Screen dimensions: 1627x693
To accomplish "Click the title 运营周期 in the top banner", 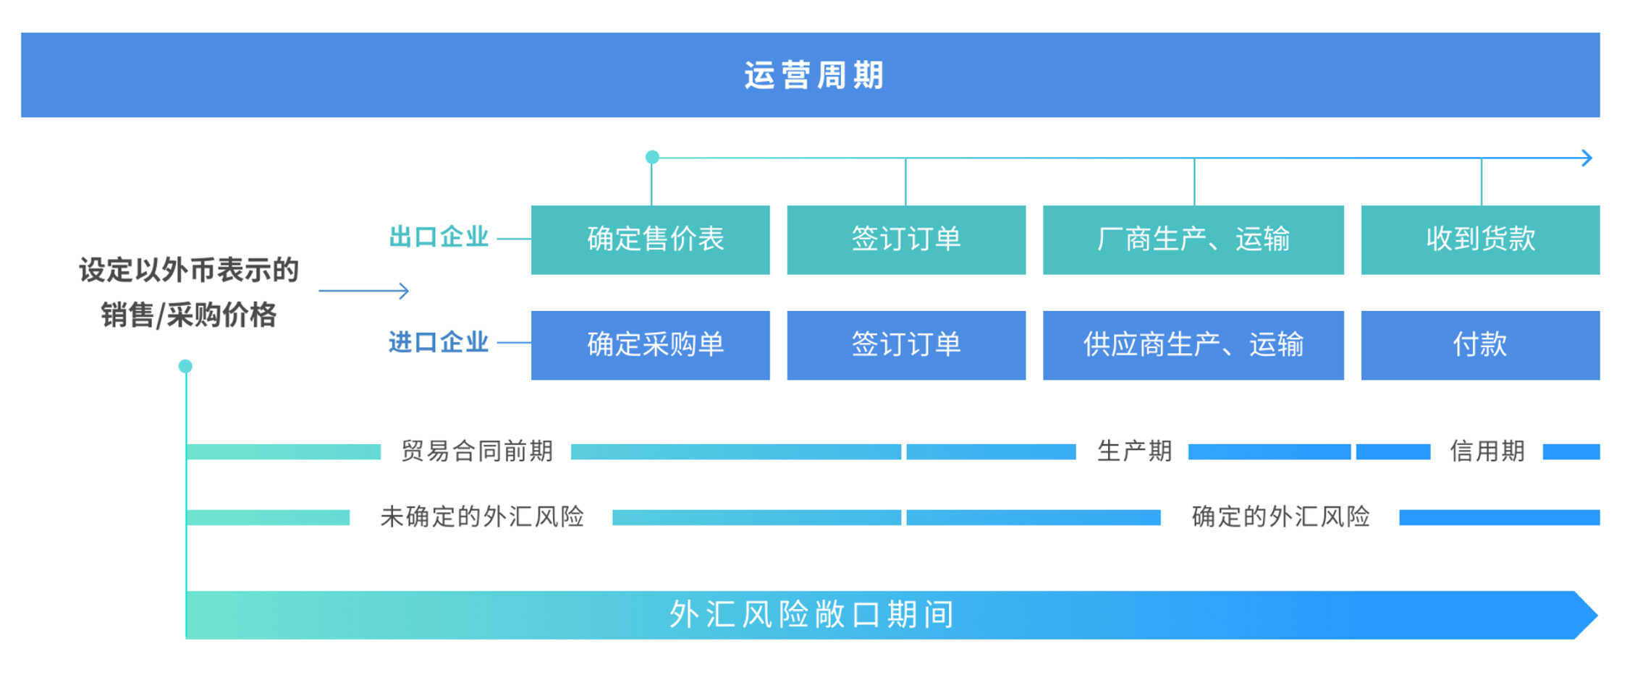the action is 813,75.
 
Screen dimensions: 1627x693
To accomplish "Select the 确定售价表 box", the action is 650,239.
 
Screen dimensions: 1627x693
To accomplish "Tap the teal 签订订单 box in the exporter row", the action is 906,239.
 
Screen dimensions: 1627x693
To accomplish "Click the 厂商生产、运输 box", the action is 1193,239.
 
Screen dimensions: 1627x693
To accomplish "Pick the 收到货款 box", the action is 1480,239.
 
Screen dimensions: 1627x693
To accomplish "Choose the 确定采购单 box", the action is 650,345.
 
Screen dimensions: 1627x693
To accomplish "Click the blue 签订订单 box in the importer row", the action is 906,345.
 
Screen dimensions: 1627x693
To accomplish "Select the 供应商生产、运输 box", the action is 1193,345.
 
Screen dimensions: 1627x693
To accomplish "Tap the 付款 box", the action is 1480,345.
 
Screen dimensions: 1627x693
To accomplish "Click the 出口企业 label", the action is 439,237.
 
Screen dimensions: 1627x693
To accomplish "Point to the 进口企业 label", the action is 439,342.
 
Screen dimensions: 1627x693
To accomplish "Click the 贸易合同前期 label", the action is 477,451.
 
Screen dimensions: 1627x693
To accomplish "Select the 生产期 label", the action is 1134,451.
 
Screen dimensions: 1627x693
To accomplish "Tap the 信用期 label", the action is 1487,451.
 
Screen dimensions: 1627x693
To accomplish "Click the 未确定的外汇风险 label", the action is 482,516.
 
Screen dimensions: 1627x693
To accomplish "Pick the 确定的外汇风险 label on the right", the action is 1280,516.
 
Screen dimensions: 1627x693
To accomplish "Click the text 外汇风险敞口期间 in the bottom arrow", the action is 811,615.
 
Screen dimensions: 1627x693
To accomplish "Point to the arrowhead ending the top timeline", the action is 1586,158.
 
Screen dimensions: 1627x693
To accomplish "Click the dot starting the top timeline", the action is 652,157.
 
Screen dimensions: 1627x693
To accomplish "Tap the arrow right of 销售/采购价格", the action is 363,291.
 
